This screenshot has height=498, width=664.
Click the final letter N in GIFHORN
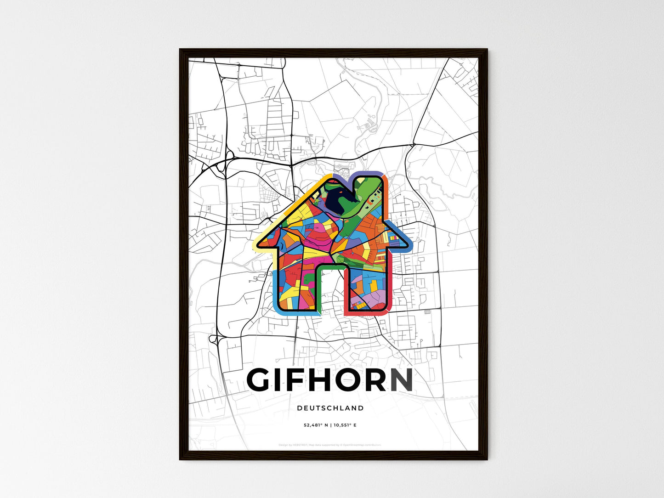pos(401,380)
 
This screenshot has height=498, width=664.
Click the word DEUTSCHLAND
pos(330,408)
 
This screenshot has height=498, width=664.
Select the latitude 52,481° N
pos(316,425)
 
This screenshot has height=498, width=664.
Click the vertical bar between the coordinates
pos(331,425)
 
